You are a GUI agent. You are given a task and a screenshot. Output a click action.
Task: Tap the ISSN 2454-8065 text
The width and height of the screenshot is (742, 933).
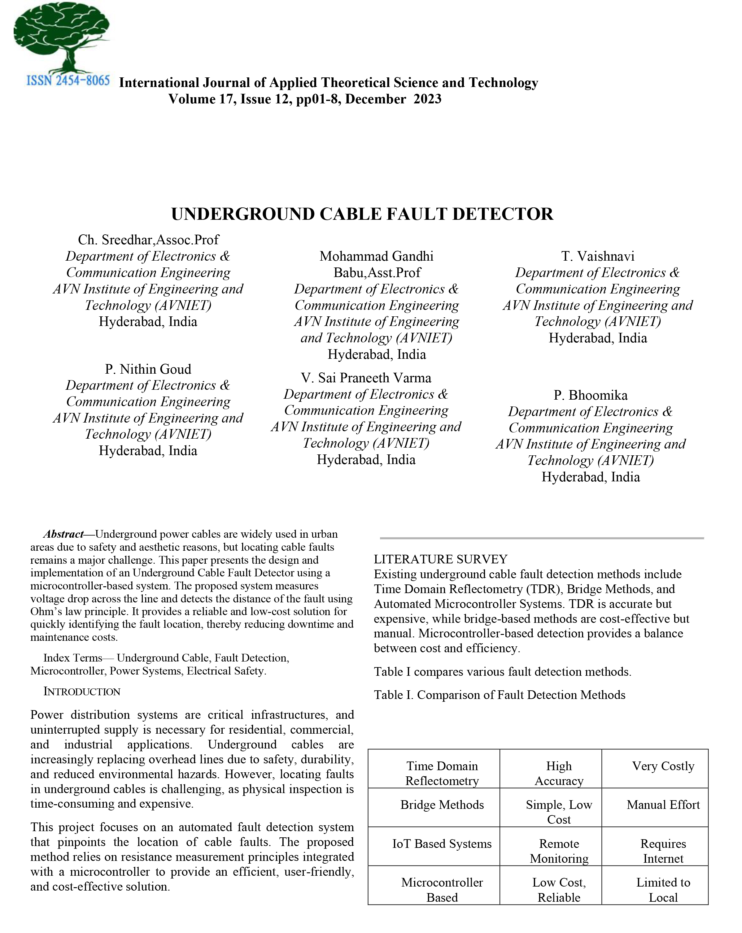pyautogui.click(x=68, y=80)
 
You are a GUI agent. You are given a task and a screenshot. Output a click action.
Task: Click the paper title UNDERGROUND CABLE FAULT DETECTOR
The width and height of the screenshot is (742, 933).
pyautogui.click(x=362, y=214)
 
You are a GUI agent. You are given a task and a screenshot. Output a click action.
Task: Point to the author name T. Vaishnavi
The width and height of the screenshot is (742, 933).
pyautogui.click(x=597, y=256)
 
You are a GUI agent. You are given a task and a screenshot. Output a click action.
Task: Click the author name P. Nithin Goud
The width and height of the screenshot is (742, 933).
pyautogui.click(x=148, y=369)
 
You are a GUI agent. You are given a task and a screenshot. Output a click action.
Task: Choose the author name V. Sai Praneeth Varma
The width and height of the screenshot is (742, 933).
pyautogui.click(x=366, y=378)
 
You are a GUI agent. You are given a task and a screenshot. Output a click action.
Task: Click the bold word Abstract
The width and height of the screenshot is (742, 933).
pyautogui.click(x=63, y=534)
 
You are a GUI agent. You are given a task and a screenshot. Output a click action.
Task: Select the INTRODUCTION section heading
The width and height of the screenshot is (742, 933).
pyautogui.click(x=82, y=692)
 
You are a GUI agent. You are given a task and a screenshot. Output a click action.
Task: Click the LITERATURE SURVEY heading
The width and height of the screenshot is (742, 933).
pyautogui.click(x=440, y=559)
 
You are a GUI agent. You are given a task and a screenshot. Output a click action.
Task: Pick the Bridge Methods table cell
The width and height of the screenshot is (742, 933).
pyautogui.click(x=442, y=805)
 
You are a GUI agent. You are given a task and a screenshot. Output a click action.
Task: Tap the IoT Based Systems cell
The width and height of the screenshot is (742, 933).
pyautogui.click(x=442, y=844)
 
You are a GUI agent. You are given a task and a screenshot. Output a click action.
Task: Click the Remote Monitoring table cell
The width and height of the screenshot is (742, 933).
pyautogui.click(x=559, y=851)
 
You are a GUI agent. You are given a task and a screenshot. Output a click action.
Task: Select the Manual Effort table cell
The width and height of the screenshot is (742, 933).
pyautogui.click(x=663, y=805)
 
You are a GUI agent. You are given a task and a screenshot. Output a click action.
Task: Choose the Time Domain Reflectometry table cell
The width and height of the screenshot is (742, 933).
pyautogui.click(x=442, y=773)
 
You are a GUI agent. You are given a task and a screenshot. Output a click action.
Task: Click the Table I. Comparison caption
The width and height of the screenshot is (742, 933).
pyautogui.click(x=499, y=695)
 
